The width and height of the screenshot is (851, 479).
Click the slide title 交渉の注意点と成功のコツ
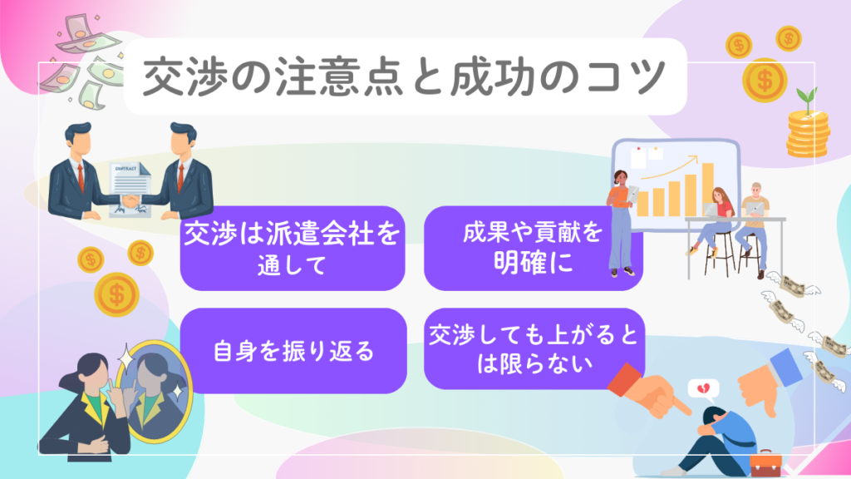(x=404, y=77)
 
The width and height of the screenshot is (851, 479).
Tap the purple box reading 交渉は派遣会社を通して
(x=292, y=248)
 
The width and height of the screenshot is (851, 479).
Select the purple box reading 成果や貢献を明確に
(x=533, y=248)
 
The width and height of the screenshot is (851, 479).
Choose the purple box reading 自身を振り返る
(x=292, y=350)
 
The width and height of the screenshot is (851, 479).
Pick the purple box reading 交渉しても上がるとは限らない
(x=533, y=349)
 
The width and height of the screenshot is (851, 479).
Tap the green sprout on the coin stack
(x=805, y=98)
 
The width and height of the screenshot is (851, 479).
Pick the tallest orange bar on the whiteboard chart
(x=707, y=187)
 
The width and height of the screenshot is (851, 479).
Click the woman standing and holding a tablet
(x=621, y=220)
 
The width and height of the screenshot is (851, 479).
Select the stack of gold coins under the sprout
(x=807, y=133)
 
